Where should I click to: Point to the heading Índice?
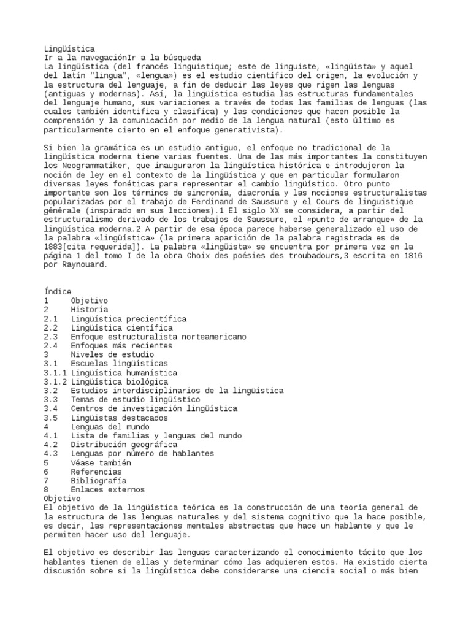[x=58, y=291]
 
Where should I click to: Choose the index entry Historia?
[x=90, y=310]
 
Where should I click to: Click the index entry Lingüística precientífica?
[x=129, y=319]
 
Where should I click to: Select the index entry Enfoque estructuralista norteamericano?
[x=158, y=337]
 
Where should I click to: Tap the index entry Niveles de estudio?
[x=112, y=354]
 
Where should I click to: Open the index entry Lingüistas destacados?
[x=119, y=418]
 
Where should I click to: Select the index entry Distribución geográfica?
[x=124, y=445]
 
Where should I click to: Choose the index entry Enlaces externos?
[x=107, y=490]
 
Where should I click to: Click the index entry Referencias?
[x=97, y=472]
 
